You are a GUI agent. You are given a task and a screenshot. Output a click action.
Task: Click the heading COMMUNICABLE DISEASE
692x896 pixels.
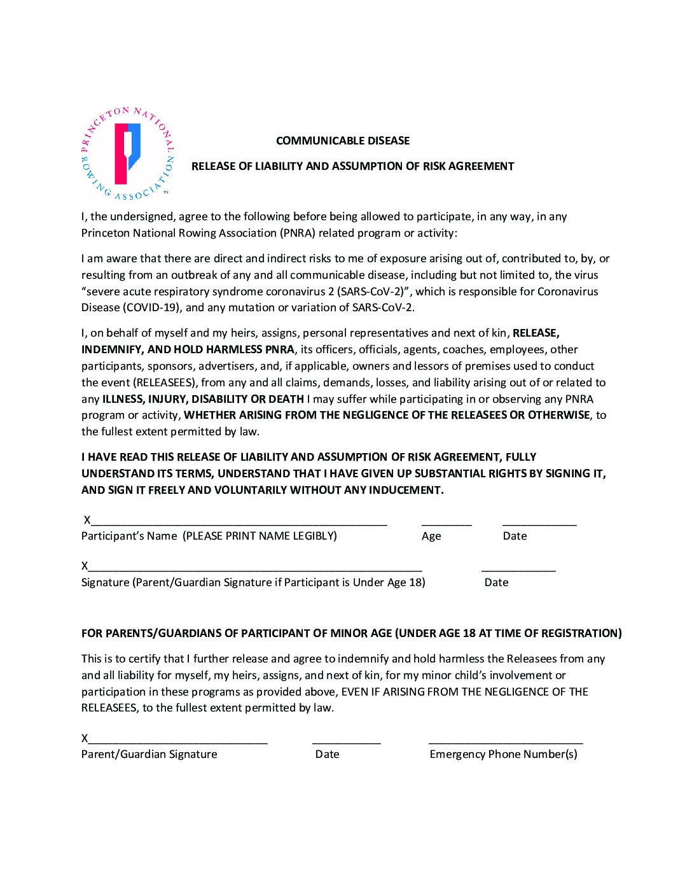(x=343, y=141)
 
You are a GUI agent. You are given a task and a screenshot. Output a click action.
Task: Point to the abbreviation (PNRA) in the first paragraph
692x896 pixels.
(x=296, y=233)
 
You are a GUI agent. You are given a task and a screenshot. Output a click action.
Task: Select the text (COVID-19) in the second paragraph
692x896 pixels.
(x=148, y=308)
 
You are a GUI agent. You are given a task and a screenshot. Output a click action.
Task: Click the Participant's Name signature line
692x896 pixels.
(x=239, y=523)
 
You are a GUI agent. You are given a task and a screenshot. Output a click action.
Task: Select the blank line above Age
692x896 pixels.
(x=446, y=523)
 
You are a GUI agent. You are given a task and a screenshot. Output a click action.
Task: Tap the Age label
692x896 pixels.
(x=431, y=536)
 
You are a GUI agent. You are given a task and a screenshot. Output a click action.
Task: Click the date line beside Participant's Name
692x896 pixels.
(x=539, y=523)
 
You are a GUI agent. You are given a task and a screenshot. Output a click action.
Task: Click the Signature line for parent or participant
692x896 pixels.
(x=254, y=570)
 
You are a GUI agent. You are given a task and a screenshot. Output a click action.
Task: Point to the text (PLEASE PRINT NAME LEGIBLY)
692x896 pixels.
(x=259, y=536)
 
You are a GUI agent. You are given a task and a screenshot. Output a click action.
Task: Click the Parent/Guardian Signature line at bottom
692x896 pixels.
(x=178, y=741)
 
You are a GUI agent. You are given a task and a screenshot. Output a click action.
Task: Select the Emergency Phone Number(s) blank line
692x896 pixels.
(x=506, y=741)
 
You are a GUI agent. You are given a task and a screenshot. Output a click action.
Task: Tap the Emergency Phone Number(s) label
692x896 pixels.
(x=503, y=755)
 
